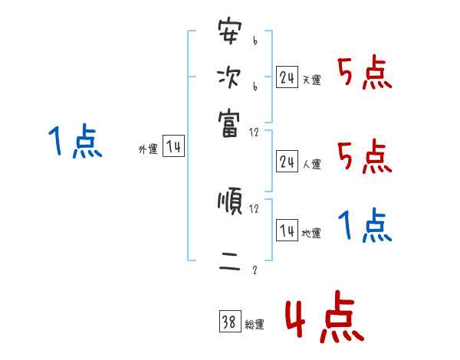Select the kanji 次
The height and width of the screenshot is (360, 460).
tap(228, 78)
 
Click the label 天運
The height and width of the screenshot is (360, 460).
tap(311, 80)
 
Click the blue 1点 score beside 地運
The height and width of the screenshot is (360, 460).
tap(365, 226)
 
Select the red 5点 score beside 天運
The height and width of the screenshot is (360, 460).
tap(365, 74)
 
